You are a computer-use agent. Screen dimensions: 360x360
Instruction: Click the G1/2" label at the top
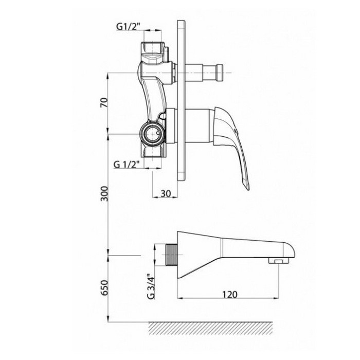coord(128,27)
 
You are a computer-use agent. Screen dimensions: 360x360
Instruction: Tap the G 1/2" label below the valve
coord(127,165)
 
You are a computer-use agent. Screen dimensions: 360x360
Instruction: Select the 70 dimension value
coord(104,103)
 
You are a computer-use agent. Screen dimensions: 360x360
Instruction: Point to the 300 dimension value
coord(104,193)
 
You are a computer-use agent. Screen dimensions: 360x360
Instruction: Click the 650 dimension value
coord(104,287)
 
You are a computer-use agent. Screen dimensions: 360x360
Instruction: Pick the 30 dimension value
coord(166,193)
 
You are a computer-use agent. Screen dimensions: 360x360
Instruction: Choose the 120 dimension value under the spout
coord(229,294)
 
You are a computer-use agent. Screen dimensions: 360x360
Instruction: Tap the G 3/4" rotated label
coord(151,286)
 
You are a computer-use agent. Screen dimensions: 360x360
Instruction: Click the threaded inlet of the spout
coord(171,255)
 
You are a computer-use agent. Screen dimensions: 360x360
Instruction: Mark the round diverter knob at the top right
coord(219,73)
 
